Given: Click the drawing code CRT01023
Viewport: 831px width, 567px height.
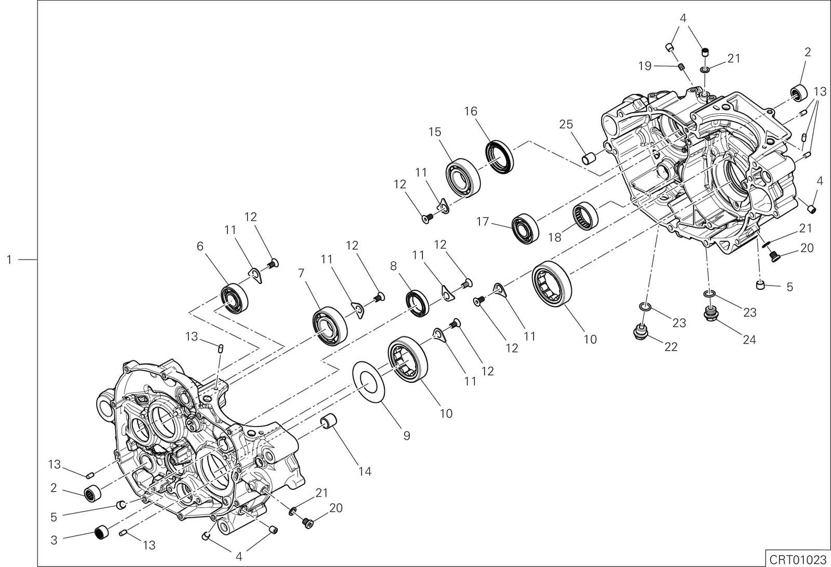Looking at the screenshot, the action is point(797,559).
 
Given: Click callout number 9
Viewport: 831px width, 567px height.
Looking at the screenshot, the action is point(407,436).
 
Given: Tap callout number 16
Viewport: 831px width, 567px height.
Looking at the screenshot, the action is point(471,111).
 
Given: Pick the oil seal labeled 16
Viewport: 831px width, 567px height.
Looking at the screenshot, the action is point(499,156).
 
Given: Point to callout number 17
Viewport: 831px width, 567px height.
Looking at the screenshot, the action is point(482,222).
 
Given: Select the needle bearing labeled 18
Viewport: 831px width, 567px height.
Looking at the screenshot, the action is point(585,216).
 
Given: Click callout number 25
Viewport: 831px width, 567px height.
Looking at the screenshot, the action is point(566,124).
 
